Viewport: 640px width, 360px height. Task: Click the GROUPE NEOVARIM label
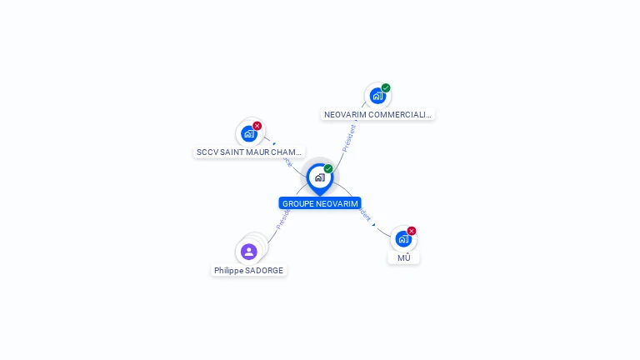(320, 203)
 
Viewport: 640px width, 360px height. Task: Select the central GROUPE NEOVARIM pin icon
(320, 177)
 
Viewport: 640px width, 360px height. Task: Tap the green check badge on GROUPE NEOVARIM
(328, 169)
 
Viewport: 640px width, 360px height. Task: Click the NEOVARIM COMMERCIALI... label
(377, 114)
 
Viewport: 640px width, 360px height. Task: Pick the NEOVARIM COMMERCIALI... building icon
(377, 96)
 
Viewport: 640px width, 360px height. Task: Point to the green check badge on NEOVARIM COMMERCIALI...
(386, 87)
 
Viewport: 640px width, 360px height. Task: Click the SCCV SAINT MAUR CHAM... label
(248, 152)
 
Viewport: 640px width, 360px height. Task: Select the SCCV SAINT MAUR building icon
(248, 133)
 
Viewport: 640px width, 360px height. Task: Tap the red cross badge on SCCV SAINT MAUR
(257, 126)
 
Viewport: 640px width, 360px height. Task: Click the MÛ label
(403, 257)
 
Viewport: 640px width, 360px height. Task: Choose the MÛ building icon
(403, 239)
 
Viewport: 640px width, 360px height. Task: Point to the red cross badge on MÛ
(412, 231)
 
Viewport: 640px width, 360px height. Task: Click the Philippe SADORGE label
(248, 270)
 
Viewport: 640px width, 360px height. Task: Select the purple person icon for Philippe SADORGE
(248, 251)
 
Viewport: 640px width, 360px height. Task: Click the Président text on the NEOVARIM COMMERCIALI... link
(349, 136)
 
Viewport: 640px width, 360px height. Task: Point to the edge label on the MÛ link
(362, 212)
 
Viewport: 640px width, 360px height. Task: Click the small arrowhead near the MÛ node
(374, 224)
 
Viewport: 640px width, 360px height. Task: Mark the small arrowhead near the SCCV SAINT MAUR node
(274, 143)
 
